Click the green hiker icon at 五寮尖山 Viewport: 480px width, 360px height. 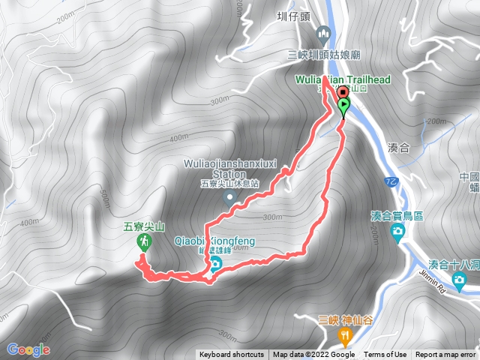click(x=144, y=241)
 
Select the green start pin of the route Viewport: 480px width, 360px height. click(x=343, y=107)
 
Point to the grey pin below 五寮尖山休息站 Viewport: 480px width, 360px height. click(x=231, y=198)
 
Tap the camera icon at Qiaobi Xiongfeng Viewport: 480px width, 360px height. click(x=215, y=263)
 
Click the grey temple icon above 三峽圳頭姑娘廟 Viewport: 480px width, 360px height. click(x=324, y=33)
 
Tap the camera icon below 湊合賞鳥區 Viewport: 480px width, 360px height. click(x=397, y=233)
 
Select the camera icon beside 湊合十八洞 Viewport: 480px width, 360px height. click(x=459, y=280)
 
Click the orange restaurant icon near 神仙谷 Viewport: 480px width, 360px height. click(x=346, y=335)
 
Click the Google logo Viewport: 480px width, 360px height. click(x=28, y=349)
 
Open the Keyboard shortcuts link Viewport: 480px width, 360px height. click(x=231, y=355)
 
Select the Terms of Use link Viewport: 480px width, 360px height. click(x=385, y=355)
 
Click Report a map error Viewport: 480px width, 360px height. click(x=445, y=355)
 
